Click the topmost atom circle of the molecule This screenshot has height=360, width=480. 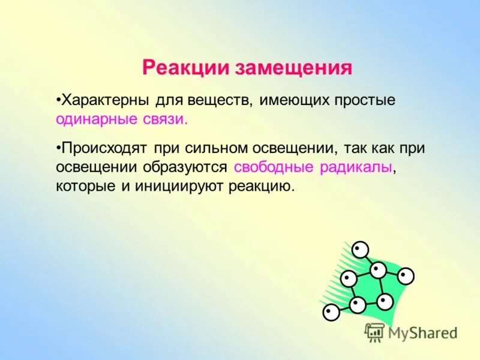click(x=360, y=248)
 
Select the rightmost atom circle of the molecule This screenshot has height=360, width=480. click(x=406, y=276)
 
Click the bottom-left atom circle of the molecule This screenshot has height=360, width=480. click(x=331, y=312)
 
